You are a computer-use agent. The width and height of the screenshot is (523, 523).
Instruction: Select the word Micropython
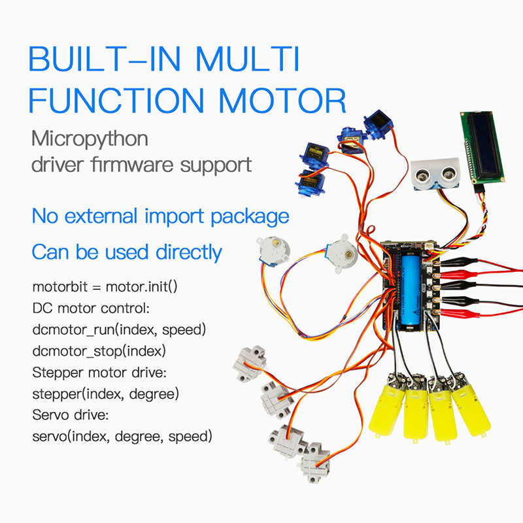[x=90, y=139]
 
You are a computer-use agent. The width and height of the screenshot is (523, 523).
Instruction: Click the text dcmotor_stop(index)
[x=98, y=350]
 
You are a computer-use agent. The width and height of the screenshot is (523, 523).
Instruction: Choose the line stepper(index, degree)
[x=105, y=394]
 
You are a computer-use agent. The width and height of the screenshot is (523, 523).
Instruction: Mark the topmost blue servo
[x=377, y=122]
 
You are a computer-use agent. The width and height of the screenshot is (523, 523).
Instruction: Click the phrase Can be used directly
[x=127, y=252]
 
